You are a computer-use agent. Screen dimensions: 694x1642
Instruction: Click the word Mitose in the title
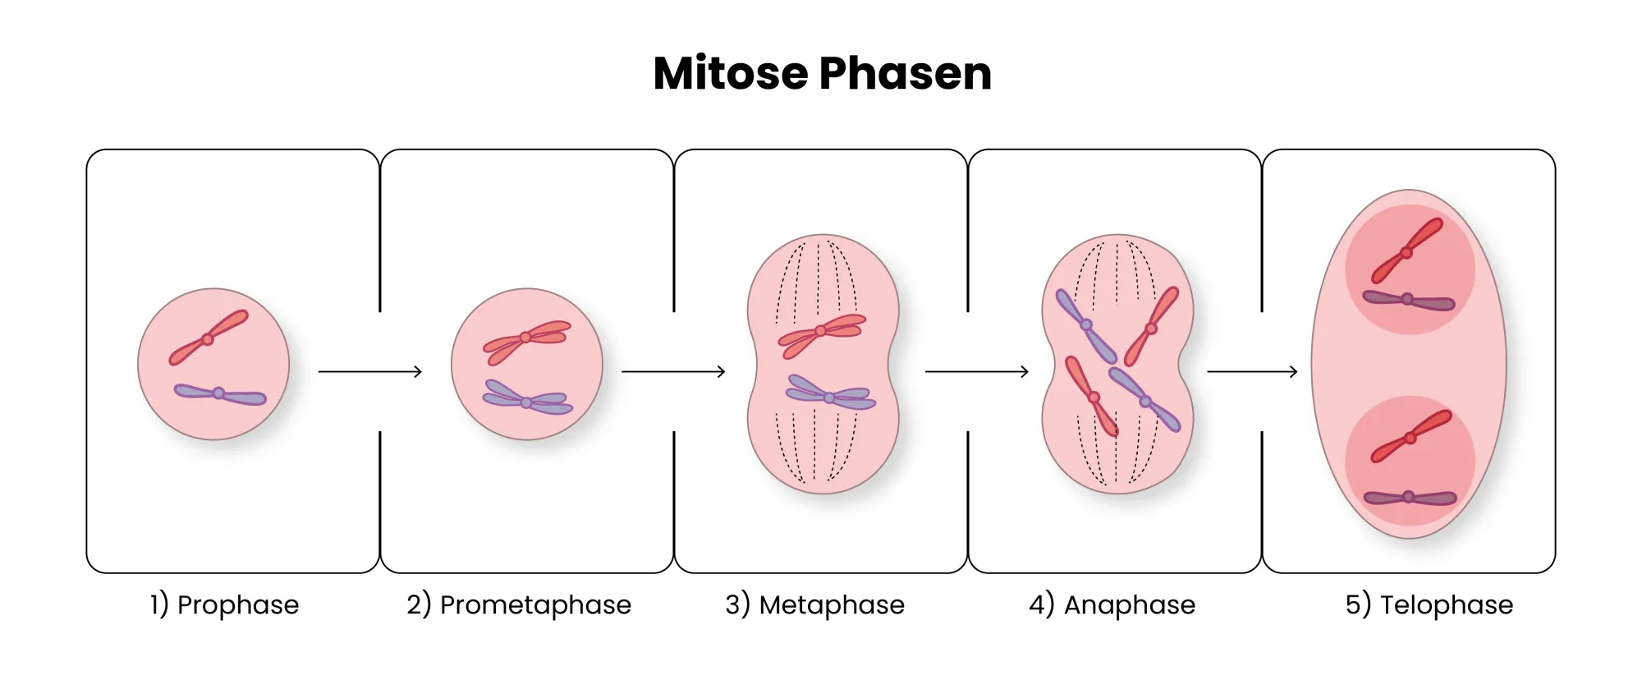tap(731, 74)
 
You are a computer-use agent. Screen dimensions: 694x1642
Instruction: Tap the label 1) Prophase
tap(224, 605)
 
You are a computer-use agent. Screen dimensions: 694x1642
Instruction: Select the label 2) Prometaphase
tap(519, 605)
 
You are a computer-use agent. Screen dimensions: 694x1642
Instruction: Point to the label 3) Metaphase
tap(814, 605)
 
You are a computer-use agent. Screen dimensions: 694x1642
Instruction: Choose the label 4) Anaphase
tap(1112, 605)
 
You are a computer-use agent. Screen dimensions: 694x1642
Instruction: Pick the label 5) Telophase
tap(1429, 605)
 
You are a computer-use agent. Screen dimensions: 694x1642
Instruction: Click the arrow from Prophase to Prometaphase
tap(370, 372)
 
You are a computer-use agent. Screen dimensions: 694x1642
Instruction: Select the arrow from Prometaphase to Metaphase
tap(673, 372)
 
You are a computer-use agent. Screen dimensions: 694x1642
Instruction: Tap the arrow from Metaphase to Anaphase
tap(977, 372)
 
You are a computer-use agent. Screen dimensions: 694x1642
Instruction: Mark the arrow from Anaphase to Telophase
tap(1252, 372)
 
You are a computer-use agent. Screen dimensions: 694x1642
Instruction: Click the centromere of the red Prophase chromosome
tap(208, 339)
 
